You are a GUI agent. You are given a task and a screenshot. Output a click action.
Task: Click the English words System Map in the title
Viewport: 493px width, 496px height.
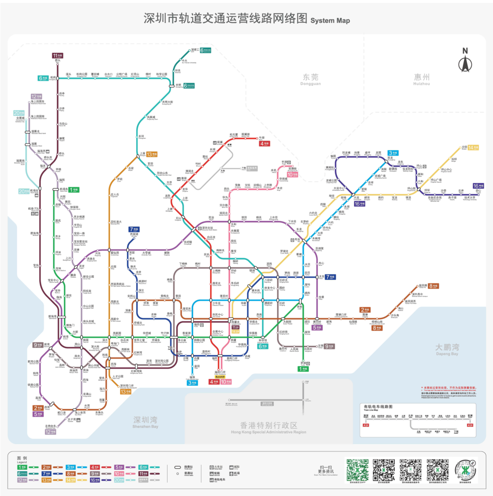(x=330, y=21)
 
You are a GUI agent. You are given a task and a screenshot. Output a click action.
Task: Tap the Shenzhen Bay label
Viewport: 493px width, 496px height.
(x=146, y=422)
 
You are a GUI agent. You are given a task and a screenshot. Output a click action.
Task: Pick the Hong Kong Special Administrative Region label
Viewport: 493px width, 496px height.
(x=268, y=428)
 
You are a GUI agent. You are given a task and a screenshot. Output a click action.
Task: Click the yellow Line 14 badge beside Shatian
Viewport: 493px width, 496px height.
(x=473, y=147)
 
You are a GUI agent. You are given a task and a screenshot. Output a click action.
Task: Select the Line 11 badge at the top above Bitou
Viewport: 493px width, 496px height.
(x=58, y=55)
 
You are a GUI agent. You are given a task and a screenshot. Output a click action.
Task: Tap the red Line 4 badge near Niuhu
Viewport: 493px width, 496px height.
(x=265, y=143)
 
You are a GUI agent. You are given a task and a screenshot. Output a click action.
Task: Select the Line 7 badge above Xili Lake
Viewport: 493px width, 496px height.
(x=134, y=229)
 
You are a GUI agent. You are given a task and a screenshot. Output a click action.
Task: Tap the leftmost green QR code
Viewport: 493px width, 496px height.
(x=357, y=468)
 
